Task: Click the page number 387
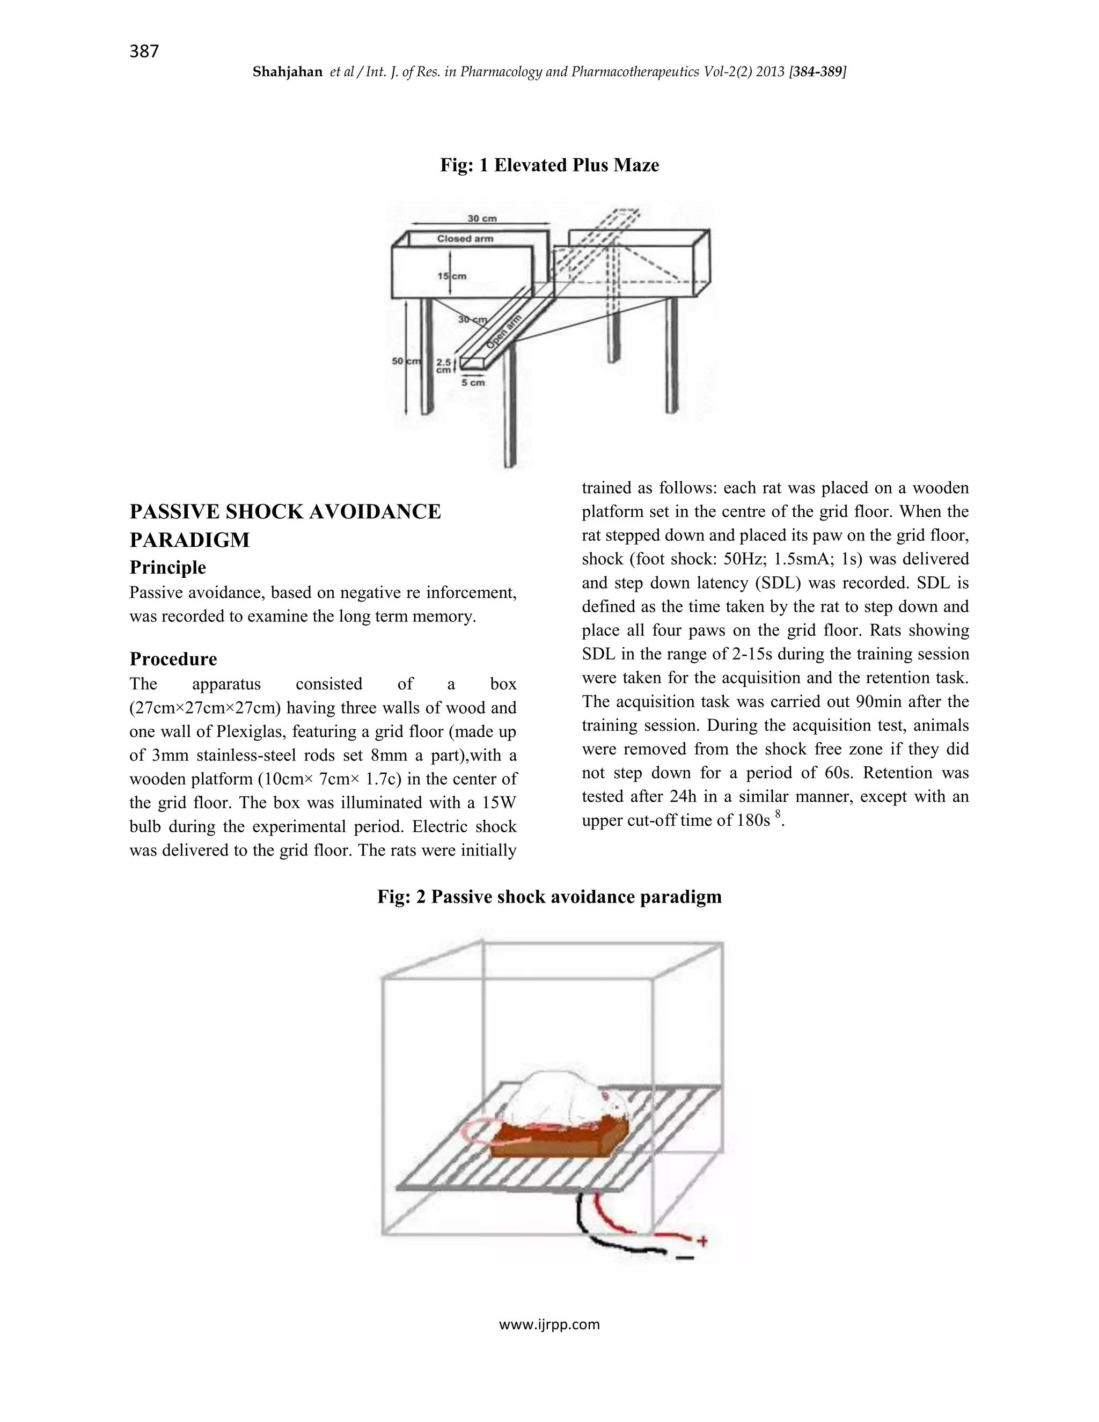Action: tap(144, 52)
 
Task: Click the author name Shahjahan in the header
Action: tap(287, 72)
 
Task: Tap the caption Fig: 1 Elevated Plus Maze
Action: tap(549, 165)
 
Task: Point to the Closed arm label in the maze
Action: tap(465, 239)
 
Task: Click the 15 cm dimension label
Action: tap(452, 276)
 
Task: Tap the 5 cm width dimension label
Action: tap(473, 383)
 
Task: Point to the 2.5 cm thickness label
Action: tap(443, 366)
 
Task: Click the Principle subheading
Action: tap(168, 568)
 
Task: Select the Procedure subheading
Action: tap(173, 659)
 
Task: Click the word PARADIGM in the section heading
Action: tap(189, 540)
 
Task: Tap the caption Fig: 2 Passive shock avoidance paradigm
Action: tap(549, 897)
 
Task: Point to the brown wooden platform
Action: tap(553, 1142)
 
